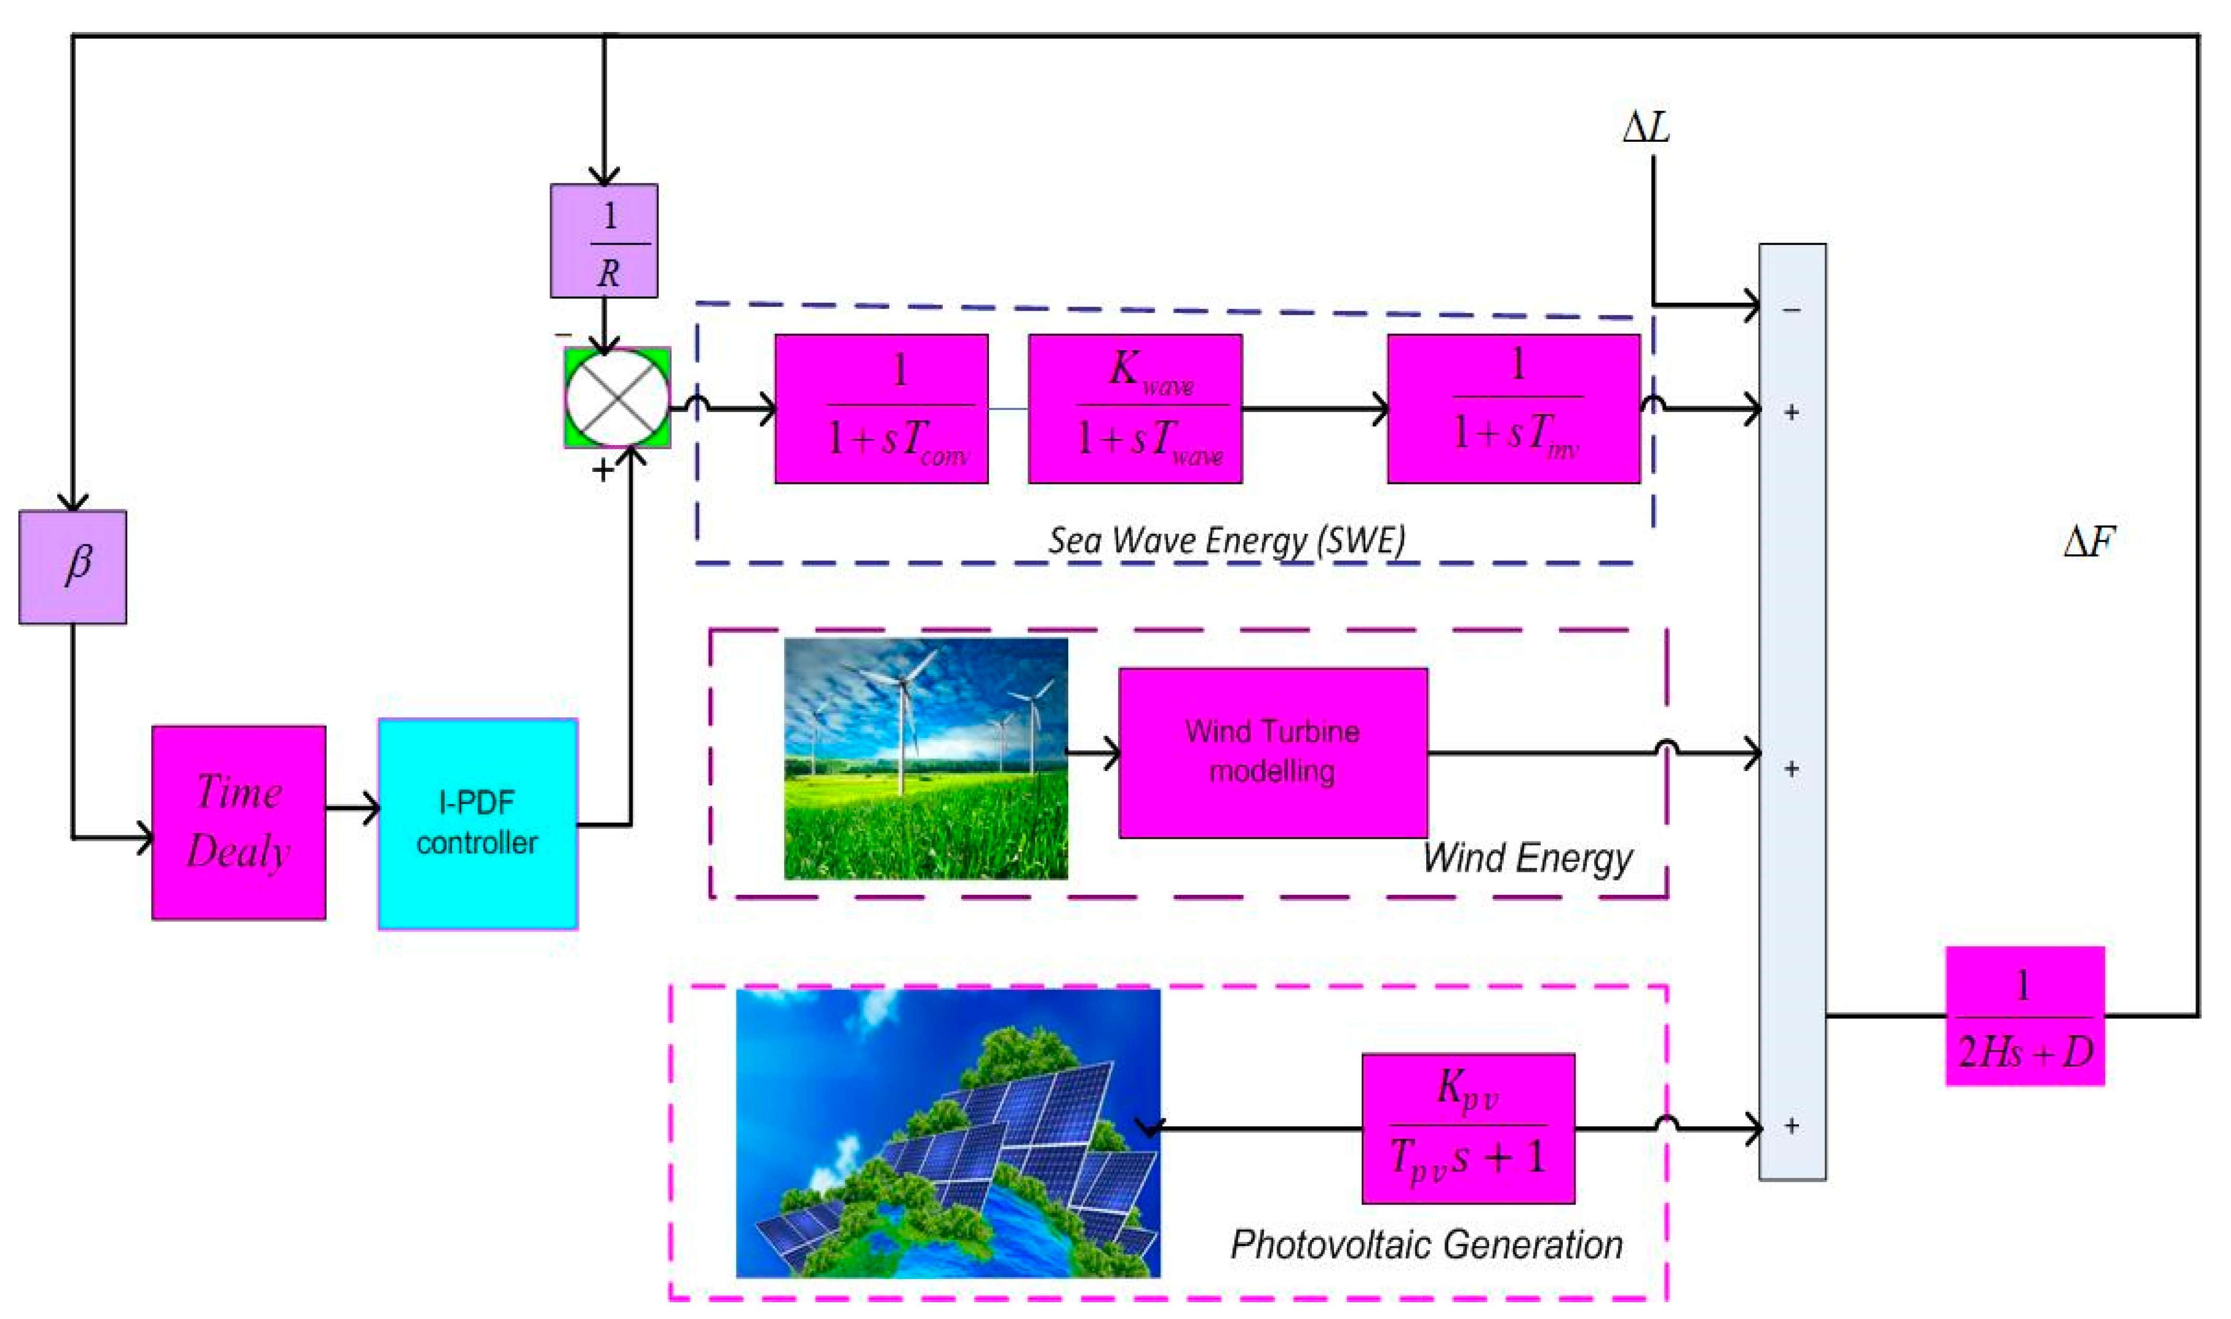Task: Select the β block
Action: [73, 566]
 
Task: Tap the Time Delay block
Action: [238, 822]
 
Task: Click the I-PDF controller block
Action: [477, 824]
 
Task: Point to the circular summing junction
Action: [617, 397]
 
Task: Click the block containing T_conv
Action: [881, 409]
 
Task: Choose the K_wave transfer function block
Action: [1134, 409]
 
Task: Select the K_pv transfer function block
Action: [1468, 1128]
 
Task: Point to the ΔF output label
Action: [2089, 541]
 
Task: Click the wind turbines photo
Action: [925, 758]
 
